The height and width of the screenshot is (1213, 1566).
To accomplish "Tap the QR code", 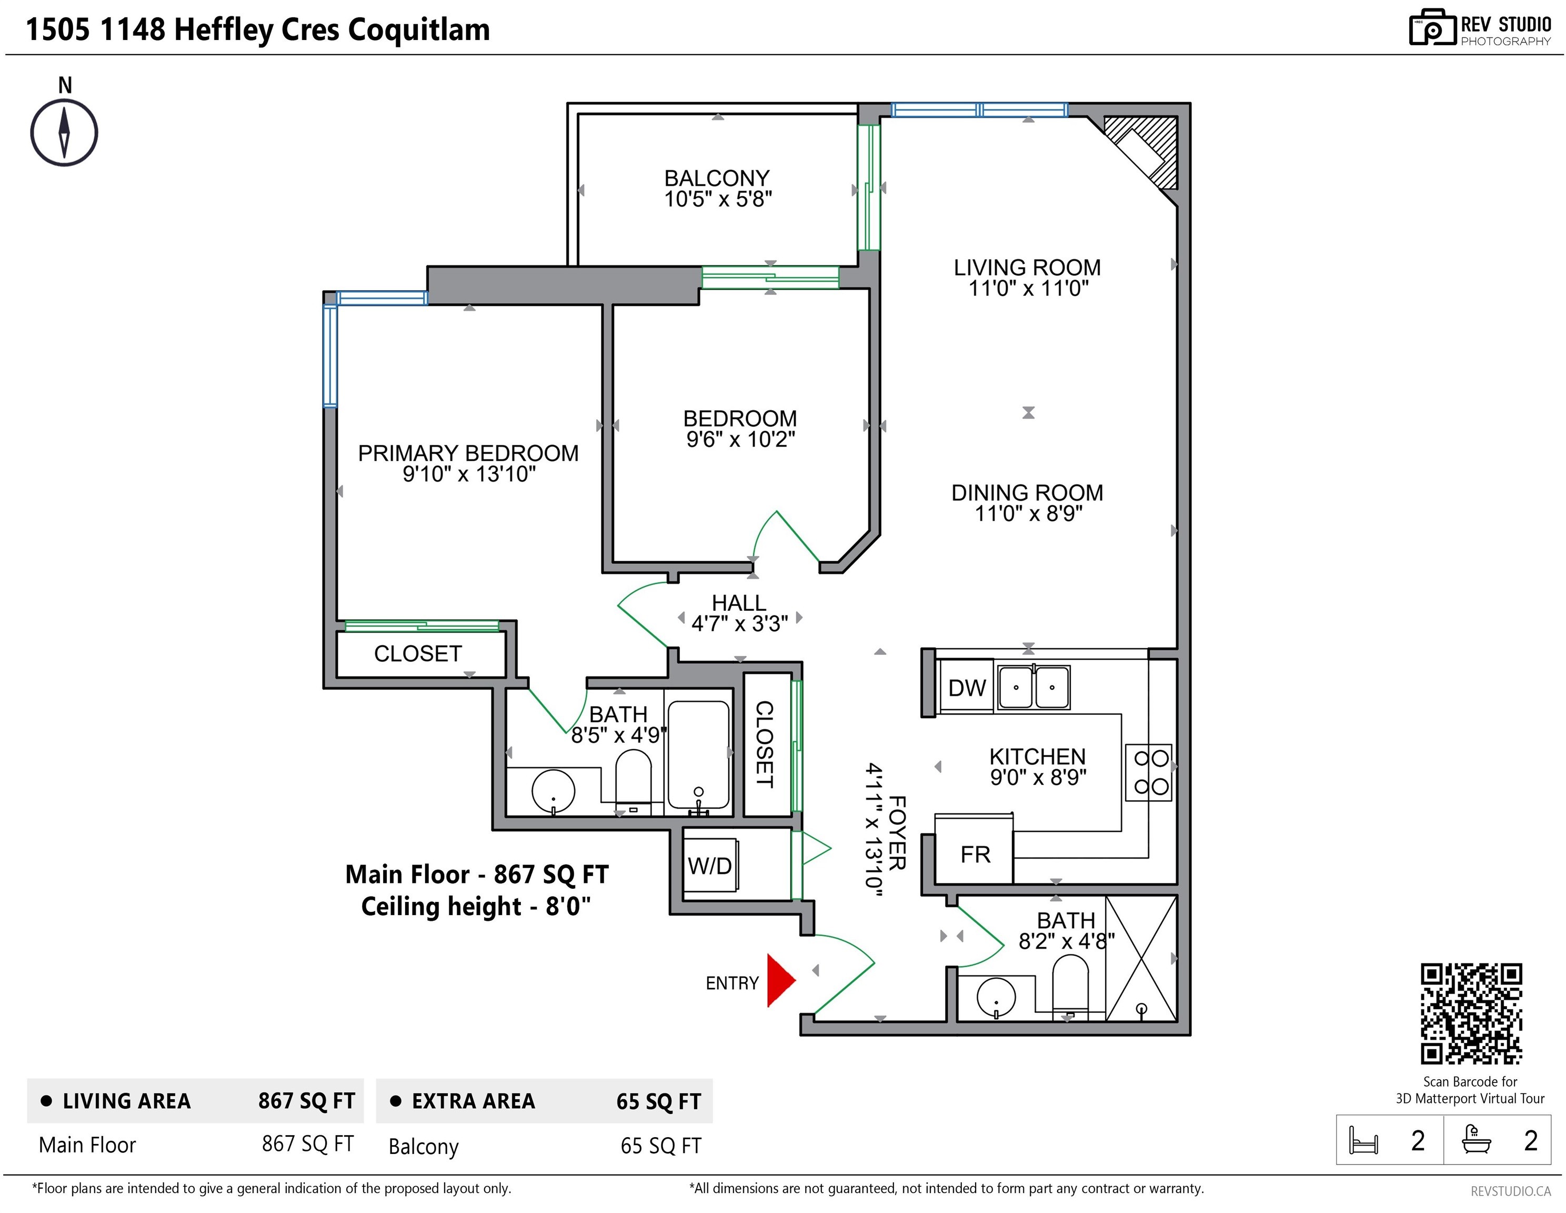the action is pos(1471,1013).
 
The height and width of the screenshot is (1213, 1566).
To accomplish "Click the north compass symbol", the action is pos(65,133).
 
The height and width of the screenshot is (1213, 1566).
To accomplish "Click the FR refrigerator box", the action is pos(975,853).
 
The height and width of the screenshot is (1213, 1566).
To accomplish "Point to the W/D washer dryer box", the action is pos(710,865).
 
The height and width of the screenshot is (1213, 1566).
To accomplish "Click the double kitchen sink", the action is pos(1034,687).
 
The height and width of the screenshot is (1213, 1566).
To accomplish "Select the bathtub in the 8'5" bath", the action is pos(698,754).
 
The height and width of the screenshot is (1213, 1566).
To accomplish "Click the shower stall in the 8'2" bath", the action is pos(1141,958).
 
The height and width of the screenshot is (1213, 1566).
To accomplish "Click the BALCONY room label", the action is pos(717,178).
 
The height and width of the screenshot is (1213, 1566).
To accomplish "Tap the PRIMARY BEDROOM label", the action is pos(468,453).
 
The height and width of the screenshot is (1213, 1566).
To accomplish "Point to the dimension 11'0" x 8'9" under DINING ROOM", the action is pos(1028,514).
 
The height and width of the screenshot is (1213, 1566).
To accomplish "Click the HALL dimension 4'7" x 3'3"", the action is pos(739,623).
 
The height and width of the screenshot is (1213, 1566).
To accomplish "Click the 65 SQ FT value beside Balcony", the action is pos(661,1146).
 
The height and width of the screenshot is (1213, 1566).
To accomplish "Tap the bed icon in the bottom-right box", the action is pos(1363,1140).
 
